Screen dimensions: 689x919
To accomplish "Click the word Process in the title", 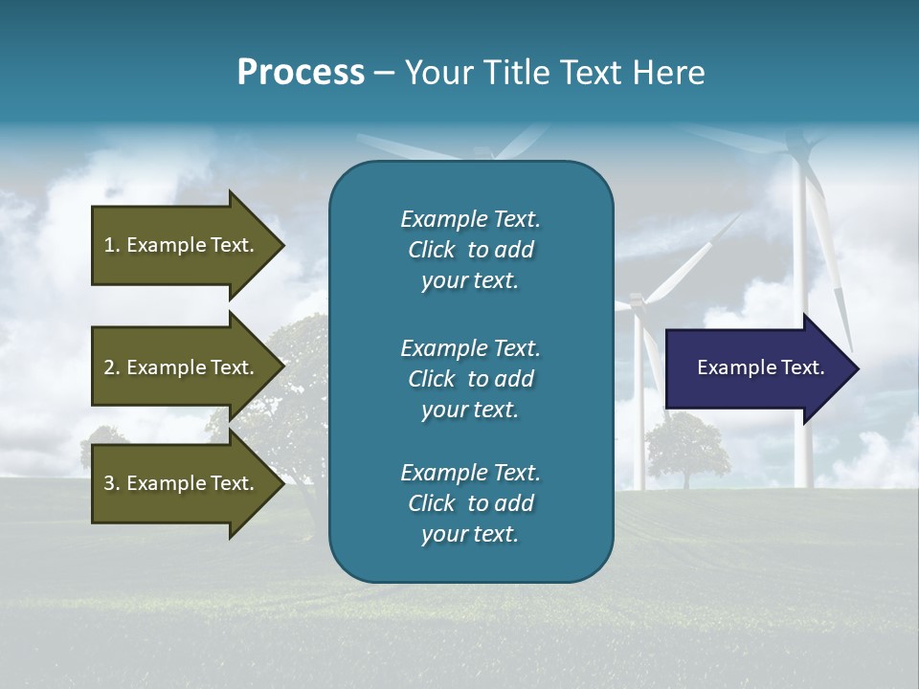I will pos(301,73).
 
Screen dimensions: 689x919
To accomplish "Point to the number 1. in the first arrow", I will pos(112,245).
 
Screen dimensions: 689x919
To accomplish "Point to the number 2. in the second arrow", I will pos(112,367).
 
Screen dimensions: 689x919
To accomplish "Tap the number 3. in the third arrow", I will pos(112,483).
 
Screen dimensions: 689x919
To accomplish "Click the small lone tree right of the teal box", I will pos(685,446).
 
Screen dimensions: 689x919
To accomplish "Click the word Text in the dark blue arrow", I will pos(804,367).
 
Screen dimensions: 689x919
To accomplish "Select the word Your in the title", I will pos(437,73).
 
